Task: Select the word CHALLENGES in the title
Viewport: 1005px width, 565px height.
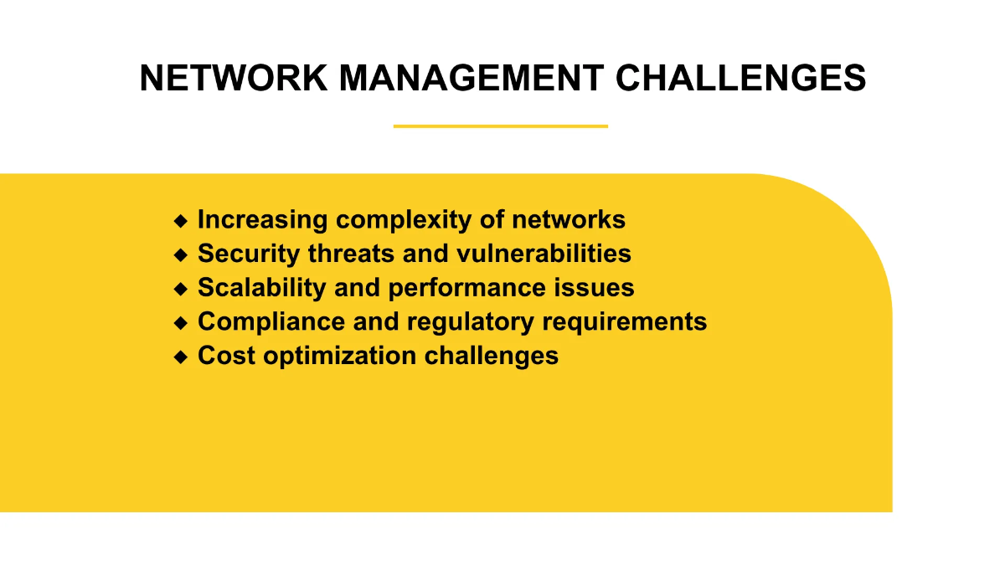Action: pos(741,78)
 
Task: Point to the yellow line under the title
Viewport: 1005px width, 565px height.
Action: pos(500,126)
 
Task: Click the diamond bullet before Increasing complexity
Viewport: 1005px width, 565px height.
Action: pos(181,220)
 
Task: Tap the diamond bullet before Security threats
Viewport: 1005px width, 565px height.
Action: pos(181,254)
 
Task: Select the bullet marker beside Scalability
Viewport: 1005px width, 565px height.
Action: pos(181,289)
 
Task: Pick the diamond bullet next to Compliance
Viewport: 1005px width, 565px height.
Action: pos(181,322)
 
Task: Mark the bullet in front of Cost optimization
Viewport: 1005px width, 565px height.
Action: pos(181,357)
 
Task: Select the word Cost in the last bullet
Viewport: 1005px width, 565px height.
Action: pos(226,356)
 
